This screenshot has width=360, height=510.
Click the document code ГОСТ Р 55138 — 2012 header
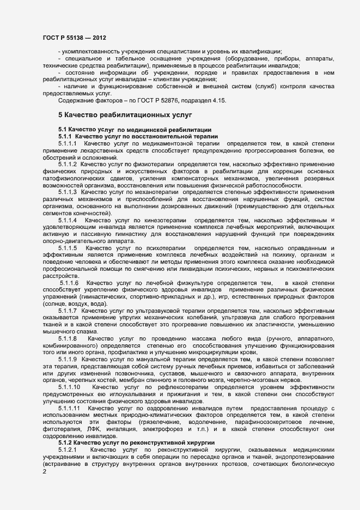tap(74, 38)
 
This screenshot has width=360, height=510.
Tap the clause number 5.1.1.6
tap(70, 283)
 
